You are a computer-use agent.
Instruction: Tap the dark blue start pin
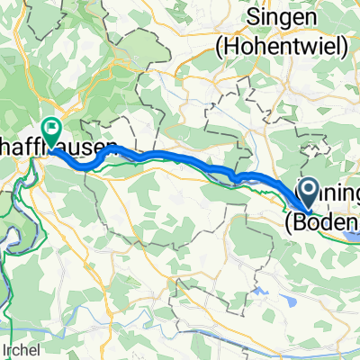pos(307,190)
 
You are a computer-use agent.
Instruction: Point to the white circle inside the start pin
pos(307,187)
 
